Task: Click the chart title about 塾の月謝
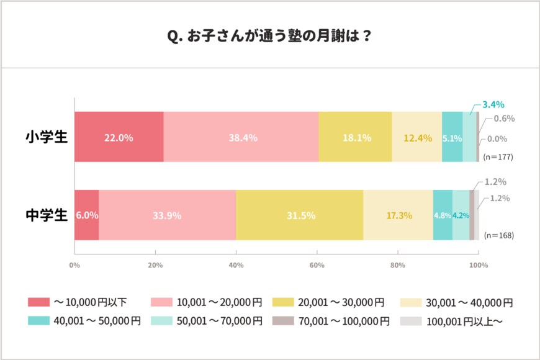(x=269, y=35)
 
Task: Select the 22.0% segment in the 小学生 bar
(x=119, y=138)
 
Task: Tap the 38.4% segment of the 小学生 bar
(x=241, y=138)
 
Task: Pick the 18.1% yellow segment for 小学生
(x=355, y=138)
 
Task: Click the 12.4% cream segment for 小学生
(x=416, y=138)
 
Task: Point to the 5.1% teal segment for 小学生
(x=452, y=138)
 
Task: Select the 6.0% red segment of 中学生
(x=86, y=215)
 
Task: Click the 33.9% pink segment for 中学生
(x=167, y=215)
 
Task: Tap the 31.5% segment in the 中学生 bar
(x=299, y=215)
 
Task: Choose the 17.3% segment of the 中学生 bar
(x=398, y=215)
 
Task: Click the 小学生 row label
(x=46, y=137)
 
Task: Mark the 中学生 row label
(x=46, y=215)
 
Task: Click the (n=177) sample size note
(x=498, y=157)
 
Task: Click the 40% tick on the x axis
(x=236, y=266)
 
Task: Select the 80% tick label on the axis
(x=397, y=266)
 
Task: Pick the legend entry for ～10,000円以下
(x=78, y=302)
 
